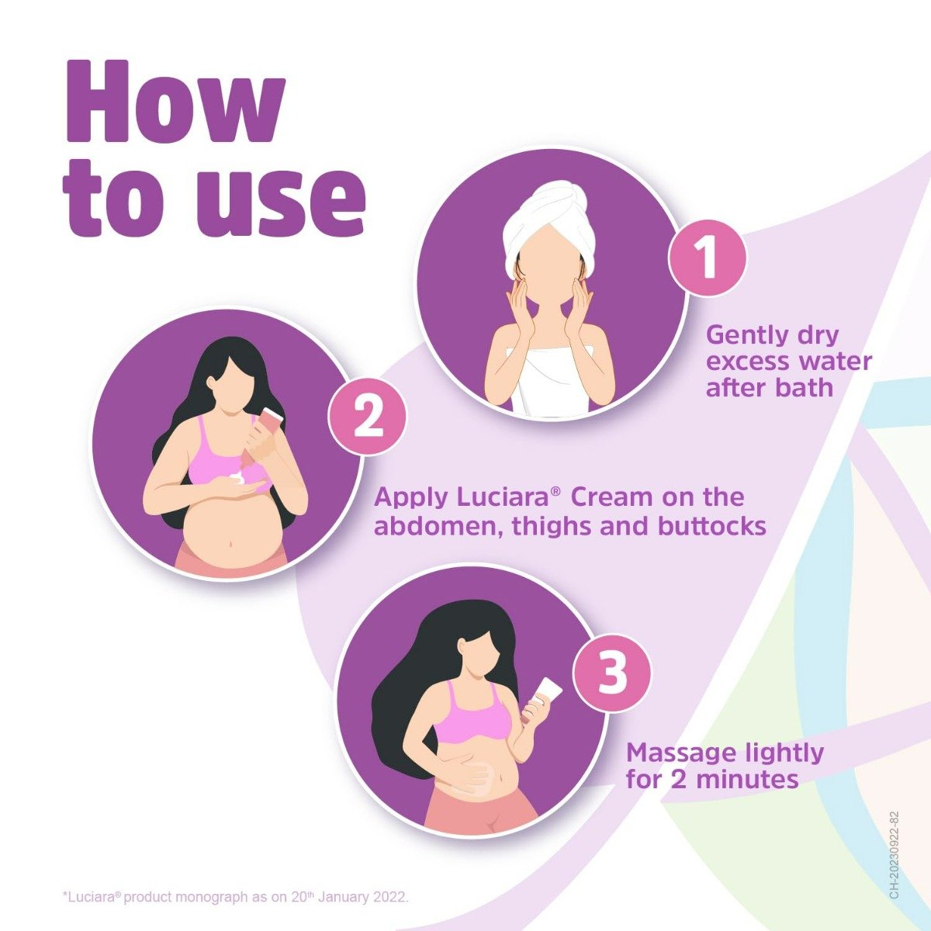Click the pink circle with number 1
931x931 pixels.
[x=707, y=258]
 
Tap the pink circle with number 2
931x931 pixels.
[x=368, y=417]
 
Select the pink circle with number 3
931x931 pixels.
[x=612, y=673]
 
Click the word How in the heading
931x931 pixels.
[x=175, y=102]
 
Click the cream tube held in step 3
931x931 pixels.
[x=546, y=694]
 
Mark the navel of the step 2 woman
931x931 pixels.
[x=231, y=543]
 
